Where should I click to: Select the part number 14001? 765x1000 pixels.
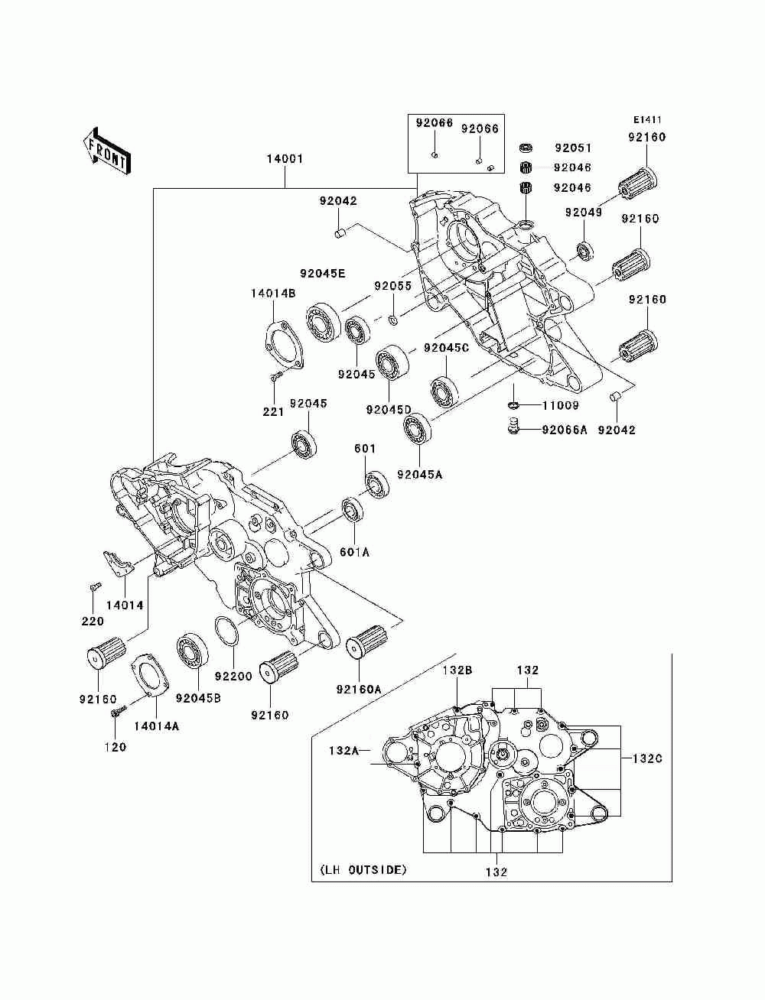coord(285,159)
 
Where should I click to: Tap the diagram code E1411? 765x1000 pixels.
coord(647,120)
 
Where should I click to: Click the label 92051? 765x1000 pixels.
coord(573,148)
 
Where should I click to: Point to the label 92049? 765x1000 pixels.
coord(584,213)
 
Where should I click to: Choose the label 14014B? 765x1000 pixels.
coord(273,294)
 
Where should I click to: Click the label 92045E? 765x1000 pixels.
coord(322,274)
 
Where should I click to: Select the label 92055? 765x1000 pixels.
coord(392,286)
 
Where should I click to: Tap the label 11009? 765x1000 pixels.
coord(560,405)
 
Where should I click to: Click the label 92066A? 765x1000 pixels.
coord(565,430)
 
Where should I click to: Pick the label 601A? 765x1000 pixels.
coord(354,552)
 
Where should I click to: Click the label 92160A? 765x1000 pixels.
coord(359,690)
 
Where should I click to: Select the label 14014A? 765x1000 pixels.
coord(156,726)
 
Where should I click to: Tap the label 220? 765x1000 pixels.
coord(93,621)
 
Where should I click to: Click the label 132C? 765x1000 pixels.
coord(647,758)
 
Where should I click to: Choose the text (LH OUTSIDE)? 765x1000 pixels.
coord(363,870)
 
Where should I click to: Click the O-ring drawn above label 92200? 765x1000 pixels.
coord(227,631)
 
